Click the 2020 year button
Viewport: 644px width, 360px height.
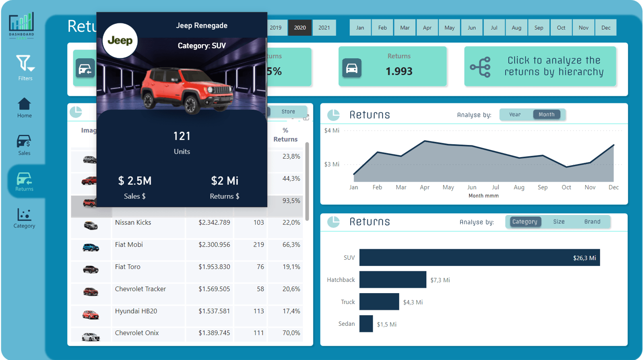click(x=299, y=28)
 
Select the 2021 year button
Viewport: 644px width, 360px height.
click(x=324, y=28)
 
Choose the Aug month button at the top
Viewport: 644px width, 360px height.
click(x=516, y=28)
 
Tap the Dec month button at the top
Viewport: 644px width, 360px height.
click(x=606, y=28)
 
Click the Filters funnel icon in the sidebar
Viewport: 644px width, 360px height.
click(x=25, y=64)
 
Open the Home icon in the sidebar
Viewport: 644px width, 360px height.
click(x=24, y=104)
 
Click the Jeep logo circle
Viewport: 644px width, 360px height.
click(x=120, y=41)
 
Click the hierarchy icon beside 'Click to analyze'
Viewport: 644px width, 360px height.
click(x=481, y=67)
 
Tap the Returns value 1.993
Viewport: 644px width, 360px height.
click(x=399, y=71)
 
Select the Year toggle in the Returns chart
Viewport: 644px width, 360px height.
click(x=515, y=115)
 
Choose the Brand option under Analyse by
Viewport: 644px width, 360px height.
click(x=592, y=222)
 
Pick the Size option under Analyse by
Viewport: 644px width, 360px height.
click(x=559, y=222)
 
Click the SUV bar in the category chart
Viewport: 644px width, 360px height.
click(x=479, y=258)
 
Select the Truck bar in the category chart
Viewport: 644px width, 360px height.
click(x=379, y=302)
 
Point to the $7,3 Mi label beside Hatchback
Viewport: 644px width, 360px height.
click(x=440, y=280)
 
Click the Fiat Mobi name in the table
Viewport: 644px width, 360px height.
click(x=129, y=245)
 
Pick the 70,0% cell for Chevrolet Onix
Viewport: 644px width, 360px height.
click(x=291, y=333)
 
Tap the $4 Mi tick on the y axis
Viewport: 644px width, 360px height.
click(x=332, y=130)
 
